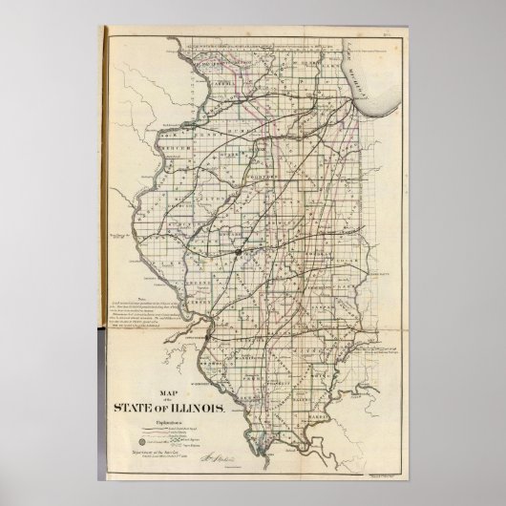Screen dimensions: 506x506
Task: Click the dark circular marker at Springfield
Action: (x=232, y=253)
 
